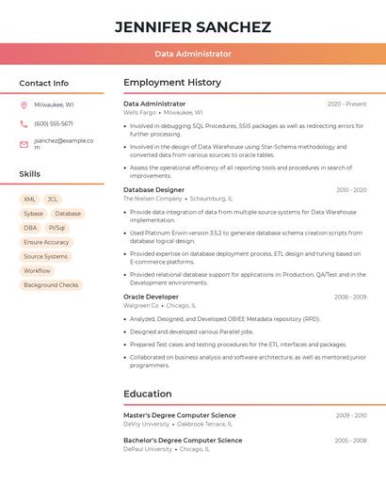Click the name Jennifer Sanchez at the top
(x=192, y=27)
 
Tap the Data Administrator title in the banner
(x=192, y=54)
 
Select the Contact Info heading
(x=44, y=83)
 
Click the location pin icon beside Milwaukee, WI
(x=24, y=105)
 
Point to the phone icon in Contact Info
(x=24, y=123)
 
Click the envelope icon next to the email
(x=24, y=144)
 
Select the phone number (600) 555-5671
(x=54, y=123)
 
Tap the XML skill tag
(x=29, y=200)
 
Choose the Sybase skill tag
(x=33, y=214)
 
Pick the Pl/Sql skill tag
(x=57, y=228)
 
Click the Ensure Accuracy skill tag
(x=46, y=242)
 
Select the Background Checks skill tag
(x=51, y=284)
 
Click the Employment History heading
(x=172, y=83)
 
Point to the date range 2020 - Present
(x=346, y=104)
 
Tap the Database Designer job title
(x=154, y=189)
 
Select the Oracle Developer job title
(x=151, y=297)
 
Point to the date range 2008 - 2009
(x=350, y=297)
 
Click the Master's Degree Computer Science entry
(x=183, y=414)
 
